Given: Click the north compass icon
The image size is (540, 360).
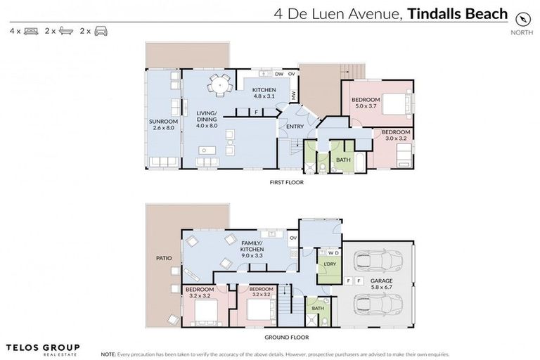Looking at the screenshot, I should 522,18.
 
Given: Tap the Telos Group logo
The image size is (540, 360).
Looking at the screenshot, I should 42,349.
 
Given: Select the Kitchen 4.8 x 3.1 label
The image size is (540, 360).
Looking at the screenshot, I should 264,94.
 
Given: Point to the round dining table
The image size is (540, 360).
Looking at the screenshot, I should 220,85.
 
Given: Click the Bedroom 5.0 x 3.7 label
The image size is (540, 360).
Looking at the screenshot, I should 366,103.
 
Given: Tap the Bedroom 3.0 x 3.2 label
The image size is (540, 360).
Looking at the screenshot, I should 395,135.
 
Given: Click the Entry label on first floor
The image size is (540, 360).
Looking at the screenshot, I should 295,126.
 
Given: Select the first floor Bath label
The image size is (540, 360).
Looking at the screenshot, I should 343,160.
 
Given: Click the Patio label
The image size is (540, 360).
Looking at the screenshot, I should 163,257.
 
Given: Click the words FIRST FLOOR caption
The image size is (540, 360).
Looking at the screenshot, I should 286,182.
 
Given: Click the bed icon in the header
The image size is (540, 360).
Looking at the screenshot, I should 31,31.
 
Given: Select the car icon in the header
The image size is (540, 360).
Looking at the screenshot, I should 101,31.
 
